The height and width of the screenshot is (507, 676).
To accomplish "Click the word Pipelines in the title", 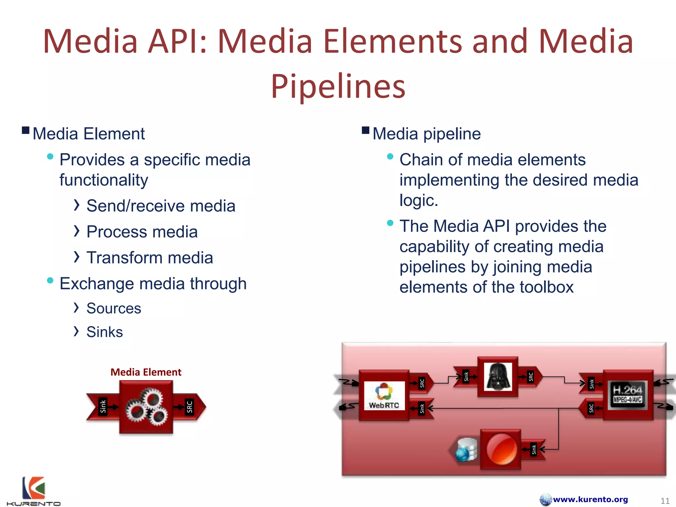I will click(x=338, y=86).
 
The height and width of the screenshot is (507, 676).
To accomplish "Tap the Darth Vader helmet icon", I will click(x=498, y=377).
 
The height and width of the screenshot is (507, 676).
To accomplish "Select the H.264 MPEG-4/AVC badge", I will click(x=627, y=395).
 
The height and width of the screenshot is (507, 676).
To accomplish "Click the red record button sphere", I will click(x=501, y=449).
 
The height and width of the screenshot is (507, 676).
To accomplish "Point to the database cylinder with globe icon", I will click(x=466, y=449).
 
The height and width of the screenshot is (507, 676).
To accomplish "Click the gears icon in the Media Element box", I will click(x=146, y=407).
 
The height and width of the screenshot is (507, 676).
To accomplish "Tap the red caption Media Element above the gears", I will click(x=146, y=372).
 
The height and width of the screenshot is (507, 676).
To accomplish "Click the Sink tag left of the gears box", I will click(x=103, y=407).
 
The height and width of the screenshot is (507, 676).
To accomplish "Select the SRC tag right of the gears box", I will click(x=189, y=407).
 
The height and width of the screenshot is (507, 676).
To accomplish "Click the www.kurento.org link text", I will click(x=590, y=499).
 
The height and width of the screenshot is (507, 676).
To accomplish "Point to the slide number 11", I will click(x=665, y=501).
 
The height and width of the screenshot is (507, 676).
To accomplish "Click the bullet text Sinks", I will click(x=105, y=332).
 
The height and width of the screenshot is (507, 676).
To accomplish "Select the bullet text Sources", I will click(x=114, y=309).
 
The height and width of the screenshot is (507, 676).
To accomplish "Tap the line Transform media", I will click(x=150, y=258).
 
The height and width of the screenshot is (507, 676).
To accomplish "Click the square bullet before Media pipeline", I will click(x=365, y=130).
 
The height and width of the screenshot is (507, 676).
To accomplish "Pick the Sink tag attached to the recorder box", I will click(x=534, y=449).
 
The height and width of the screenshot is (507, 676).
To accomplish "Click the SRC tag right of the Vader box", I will click(x=531, y=377).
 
